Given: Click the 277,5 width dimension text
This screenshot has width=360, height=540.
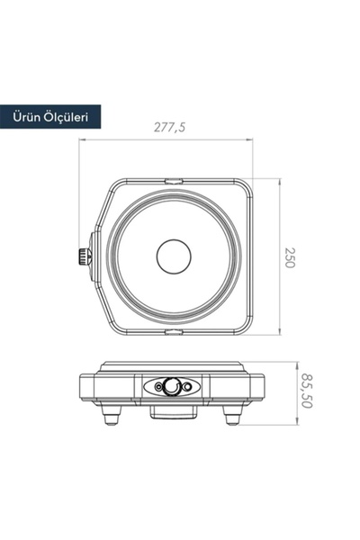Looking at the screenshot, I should [x=169, y=129].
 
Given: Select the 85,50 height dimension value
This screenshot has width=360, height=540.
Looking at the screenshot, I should [x=309, y=392].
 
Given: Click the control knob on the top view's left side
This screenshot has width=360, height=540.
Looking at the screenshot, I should [x=84, y=256].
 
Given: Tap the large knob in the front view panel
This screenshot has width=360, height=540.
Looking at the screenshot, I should [x=170, y=387].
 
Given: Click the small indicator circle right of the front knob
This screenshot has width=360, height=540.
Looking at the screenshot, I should [x=188, y=388].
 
